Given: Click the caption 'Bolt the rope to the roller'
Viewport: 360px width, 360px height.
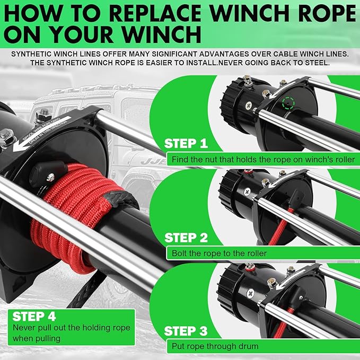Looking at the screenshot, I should click(x=219, y=253).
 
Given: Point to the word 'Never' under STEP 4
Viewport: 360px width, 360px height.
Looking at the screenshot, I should click(x=23, y=328).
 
